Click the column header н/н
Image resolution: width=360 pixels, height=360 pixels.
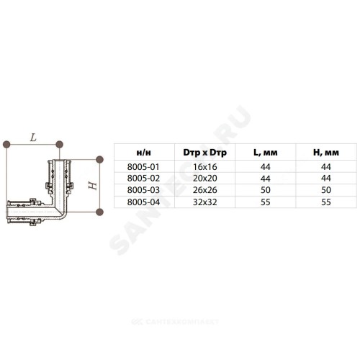pyautogui.click(x=144, y=153)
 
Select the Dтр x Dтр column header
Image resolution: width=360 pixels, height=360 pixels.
pyautogui.click(x=204, y=153)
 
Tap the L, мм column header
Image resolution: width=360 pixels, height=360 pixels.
pyautogui.click(x=266, y=153)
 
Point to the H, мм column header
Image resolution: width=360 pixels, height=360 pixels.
pyautogui.click(x=326, y=153)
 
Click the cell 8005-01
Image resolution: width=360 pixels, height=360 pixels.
pyautogui.click(x=143, y=167)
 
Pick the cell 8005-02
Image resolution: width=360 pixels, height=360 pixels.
pyautogui.click(x=143, y=179)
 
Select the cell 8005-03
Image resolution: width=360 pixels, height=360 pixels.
pyautogui.click(x=143, y=190)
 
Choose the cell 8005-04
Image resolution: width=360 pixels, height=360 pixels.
pyautogui.click(x=143, y=202)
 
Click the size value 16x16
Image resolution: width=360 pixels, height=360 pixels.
pyautogui.click(x=205, y=167)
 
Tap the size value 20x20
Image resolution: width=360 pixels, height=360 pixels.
pyautogui.click(x=205, y=179)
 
